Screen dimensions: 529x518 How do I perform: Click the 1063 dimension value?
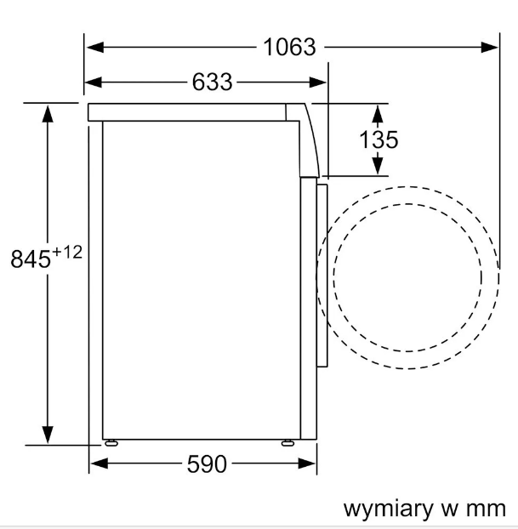pos(289,47)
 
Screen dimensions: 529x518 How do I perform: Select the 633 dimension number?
pos(212,82)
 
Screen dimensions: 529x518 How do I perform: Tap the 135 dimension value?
pos(379,139)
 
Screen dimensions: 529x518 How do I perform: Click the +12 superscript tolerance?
pos(68,252)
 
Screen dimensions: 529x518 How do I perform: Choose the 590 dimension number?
pos(207,464)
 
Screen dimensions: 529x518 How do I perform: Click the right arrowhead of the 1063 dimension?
pos(491,47)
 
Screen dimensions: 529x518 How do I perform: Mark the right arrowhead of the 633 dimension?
pos(319,82)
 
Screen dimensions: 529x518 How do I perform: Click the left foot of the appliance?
pos(111,442)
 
